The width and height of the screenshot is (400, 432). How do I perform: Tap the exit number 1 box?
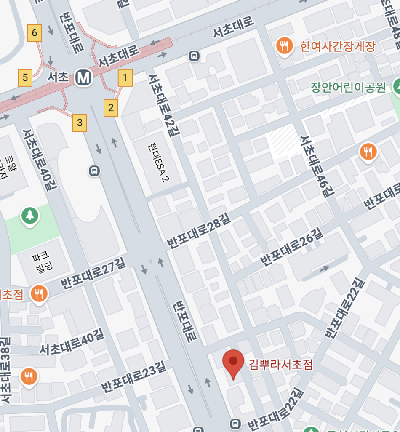[125, 77]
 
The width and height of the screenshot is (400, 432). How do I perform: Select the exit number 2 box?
[111, 107]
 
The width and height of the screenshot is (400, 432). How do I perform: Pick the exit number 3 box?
[80, 123]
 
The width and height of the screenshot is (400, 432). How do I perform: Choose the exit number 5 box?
[25, 77]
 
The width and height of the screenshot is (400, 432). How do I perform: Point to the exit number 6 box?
[35, 33]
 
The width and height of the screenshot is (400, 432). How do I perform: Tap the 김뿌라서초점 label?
[280, 364]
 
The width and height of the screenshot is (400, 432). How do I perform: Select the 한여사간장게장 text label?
[337, 46]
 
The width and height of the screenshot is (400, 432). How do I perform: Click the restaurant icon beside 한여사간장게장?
[285, 45]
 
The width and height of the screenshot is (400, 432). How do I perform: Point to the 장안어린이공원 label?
[348, 87]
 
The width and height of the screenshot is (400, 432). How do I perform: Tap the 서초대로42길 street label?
[161, 105]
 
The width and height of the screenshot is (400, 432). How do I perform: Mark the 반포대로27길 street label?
[93, 273]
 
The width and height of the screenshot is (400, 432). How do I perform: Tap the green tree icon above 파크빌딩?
[30, 216]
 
